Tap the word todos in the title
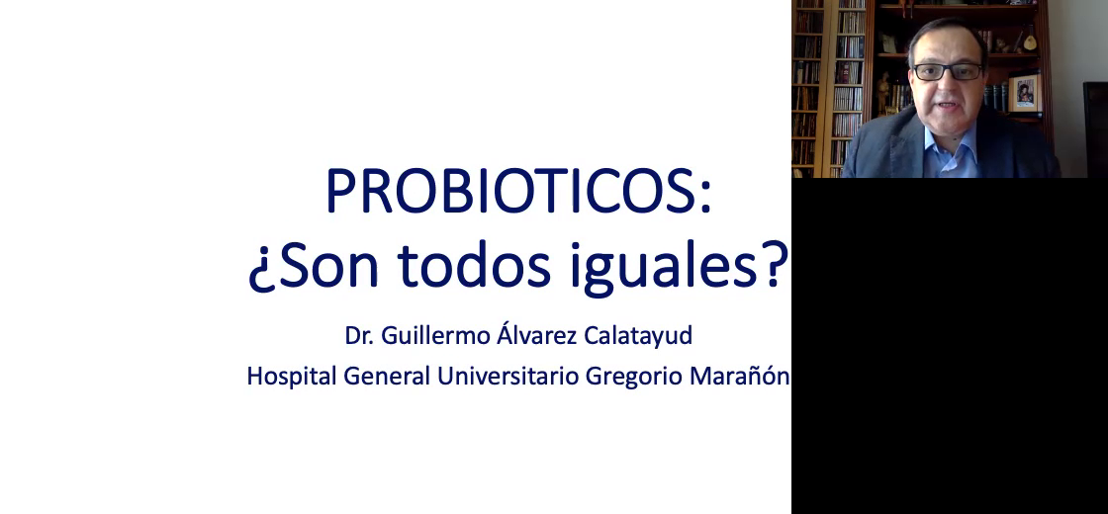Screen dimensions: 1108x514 (474, 266)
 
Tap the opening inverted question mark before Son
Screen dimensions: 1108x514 (260, 272)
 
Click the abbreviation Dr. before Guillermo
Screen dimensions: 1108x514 (357, 335)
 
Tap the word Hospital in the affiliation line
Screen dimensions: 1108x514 (292, 377)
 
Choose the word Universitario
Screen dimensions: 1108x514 (508, 376)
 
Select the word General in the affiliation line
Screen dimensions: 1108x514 (387, 376)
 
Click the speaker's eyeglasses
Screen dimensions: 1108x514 (949, 71)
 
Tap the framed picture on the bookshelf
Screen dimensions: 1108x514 (1024, 93)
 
